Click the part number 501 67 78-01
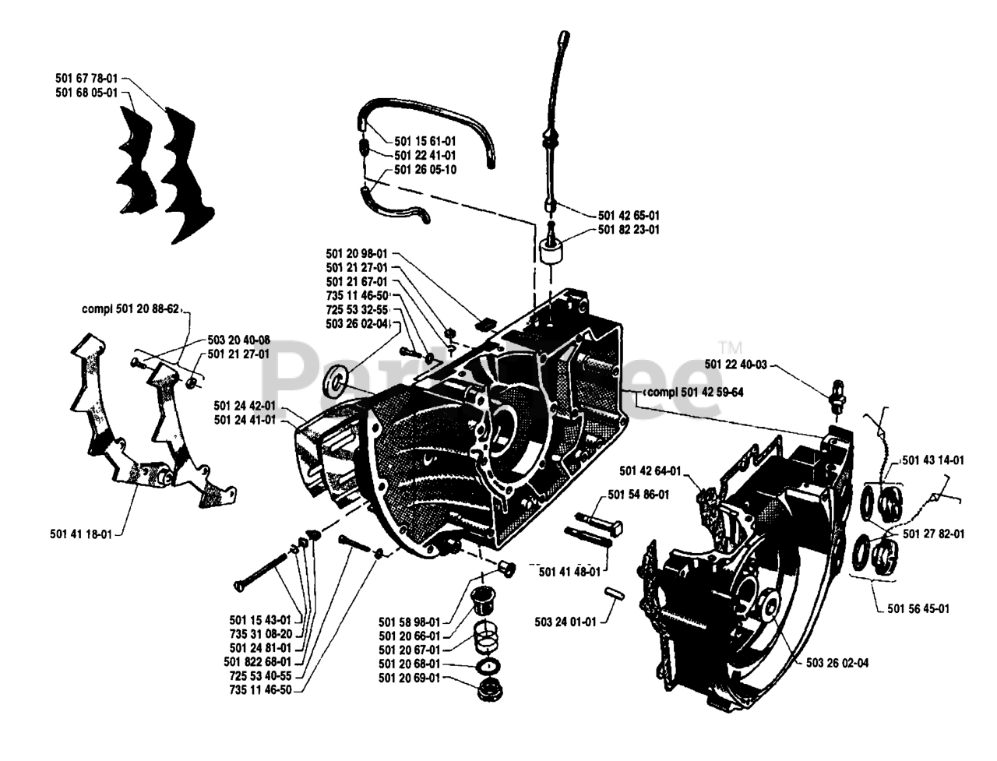point(86,78)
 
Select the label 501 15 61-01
point(425,141)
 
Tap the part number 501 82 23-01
point(628,229)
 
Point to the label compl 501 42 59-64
point(695,392)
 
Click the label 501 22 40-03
point(735,365)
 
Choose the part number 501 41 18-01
point(81,534)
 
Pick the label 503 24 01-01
point(565,622)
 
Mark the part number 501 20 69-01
point(409,678)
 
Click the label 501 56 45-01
point(918,608)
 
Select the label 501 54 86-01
point(638,495)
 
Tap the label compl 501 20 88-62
point(130,308)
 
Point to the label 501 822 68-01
point(257,661)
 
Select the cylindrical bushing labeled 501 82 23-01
point(551,251)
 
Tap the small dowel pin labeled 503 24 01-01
point(615,594)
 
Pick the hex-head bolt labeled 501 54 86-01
point(599,522)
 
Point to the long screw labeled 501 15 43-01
point(261,571)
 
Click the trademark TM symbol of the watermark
point(731,348)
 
